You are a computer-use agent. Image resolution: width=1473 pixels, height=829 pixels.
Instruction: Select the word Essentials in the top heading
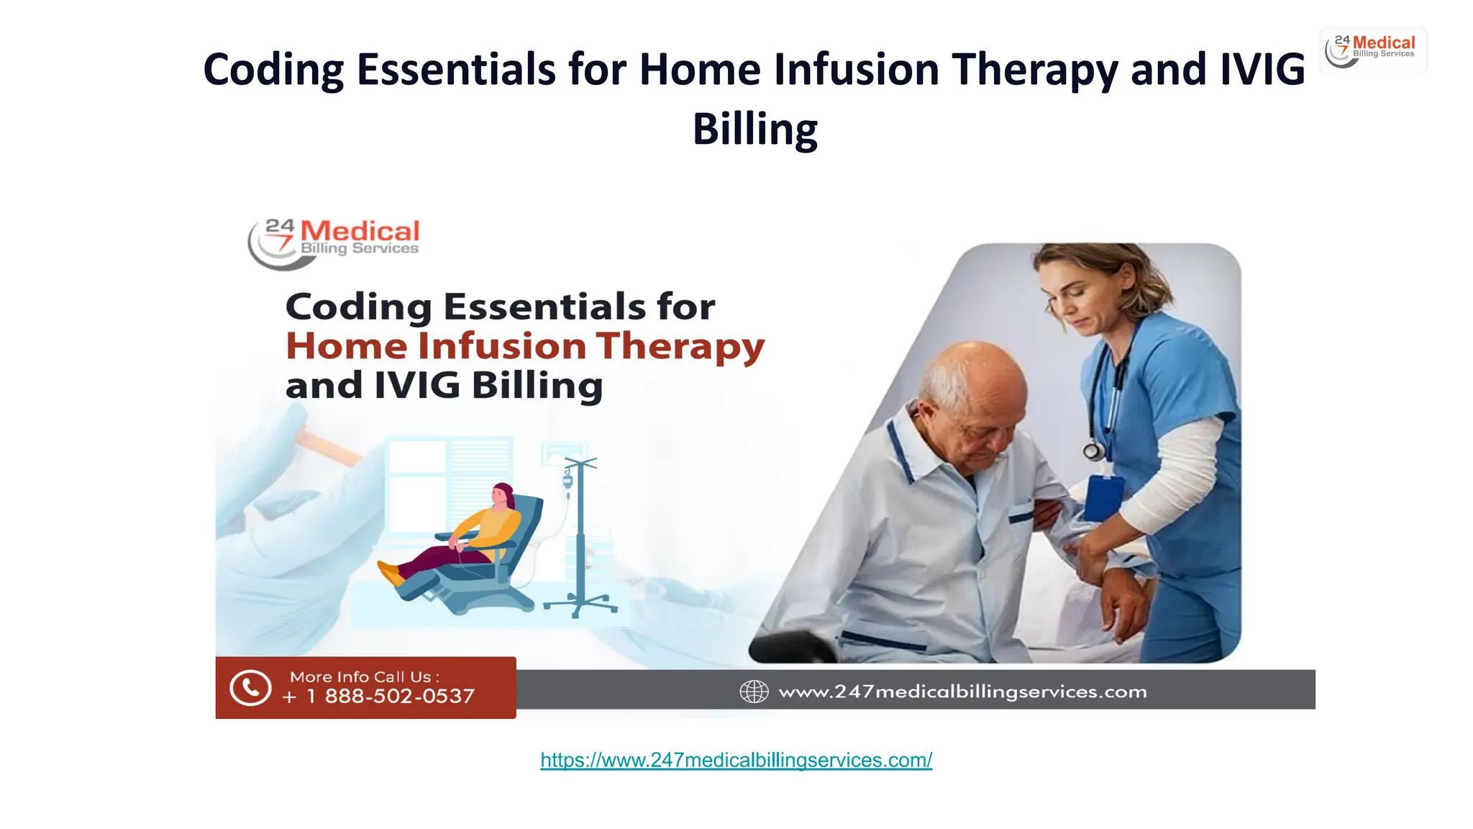(456, 70)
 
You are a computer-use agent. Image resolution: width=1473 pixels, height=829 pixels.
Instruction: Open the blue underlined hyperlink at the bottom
(736, 760)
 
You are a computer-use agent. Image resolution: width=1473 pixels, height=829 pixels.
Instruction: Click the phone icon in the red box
(250, 687)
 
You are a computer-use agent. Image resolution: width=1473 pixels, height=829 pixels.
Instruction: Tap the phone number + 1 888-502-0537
(378, 697)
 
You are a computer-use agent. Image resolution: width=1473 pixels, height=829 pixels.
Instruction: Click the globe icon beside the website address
(754, 692)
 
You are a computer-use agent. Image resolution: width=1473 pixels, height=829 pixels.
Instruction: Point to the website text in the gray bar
(962, 692)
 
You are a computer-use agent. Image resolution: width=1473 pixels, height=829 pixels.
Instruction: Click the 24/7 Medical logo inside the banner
(334, 243)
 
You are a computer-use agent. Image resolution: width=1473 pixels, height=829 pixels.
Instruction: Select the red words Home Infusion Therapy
(524, 346)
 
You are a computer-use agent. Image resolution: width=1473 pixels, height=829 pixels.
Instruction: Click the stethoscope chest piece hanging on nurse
(1093, 451)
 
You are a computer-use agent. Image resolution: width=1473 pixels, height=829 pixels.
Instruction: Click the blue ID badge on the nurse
(1103, 497)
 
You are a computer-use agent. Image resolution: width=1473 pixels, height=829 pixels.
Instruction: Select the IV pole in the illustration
(580, 536)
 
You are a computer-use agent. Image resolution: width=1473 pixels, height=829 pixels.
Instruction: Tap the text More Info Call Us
(364, 676)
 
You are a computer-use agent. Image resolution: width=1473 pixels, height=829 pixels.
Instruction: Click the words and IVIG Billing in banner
(444, 385)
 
